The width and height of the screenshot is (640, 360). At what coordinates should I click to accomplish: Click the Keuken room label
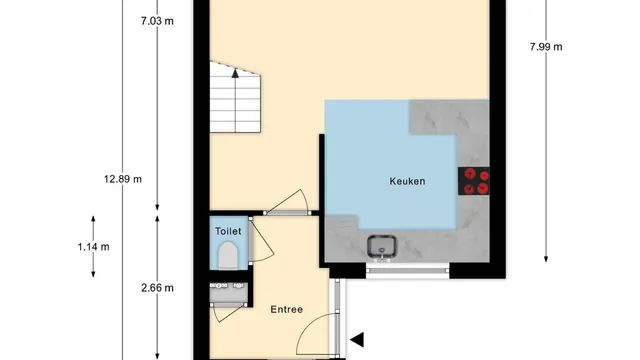coord(407,181)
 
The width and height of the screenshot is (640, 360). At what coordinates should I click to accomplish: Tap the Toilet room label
coord(228,231)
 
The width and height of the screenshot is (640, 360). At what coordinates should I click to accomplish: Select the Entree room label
coord(287,309)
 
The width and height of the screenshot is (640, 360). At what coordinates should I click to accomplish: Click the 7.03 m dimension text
coord(157,21)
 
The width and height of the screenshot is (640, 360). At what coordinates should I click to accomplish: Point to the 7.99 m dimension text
coord(546,47)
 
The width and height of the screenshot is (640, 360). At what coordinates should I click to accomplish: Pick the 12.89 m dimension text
coord(123,179)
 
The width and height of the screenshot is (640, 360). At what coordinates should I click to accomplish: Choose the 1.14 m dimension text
coord(93,247)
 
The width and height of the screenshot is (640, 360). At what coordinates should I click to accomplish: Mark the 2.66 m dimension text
coord(158,288)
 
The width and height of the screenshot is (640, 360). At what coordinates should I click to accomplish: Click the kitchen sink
coord(382,247)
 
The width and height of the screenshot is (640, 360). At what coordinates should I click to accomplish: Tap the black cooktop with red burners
coord(473,181)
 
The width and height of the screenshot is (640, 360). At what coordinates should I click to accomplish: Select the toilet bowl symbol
coord(228,256)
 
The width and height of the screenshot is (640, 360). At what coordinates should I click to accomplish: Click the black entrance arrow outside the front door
coord(357,340)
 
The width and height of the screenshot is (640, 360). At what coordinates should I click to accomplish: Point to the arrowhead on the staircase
coord(235,73)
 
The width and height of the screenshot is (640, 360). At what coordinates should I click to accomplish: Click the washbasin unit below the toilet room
coord(229,294)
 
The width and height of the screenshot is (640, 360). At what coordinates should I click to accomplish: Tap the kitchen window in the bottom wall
coord(408,270)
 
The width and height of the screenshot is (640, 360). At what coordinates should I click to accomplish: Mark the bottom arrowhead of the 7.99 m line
coord(546,259)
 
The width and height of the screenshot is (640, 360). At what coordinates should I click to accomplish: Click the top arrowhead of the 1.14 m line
coord(93,219)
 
